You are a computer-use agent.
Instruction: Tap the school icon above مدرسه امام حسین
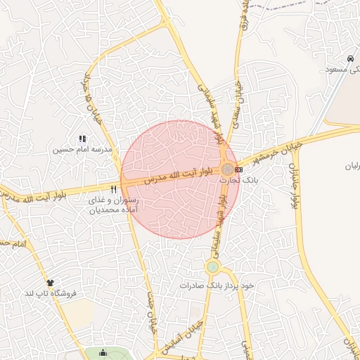click(x=82, y=139)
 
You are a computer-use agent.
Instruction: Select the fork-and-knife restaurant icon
click(x=114, y=189)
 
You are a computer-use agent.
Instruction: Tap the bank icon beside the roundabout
click(x=239, y=169)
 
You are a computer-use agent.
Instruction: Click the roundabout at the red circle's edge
click(x=228, y=169)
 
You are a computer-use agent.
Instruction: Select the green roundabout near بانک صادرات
click(x=212, y=267)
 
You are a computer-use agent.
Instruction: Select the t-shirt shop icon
click(x=49, y=283)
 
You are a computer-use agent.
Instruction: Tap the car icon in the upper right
click(x=350, y=58)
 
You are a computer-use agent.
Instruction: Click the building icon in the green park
click(x=104, y=353)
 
